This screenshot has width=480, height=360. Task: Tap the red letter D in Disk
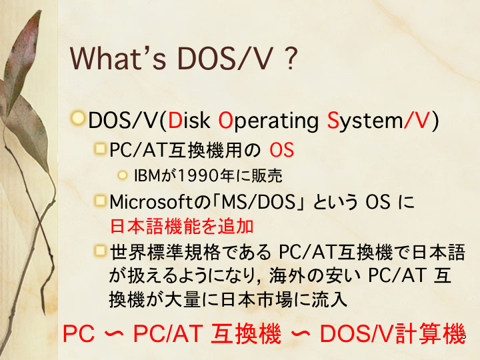coord(175,120)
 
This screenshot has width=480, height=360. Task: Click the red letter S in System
coord(333,120)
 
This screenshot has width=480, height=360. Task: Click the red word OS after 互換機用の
coord(281,150)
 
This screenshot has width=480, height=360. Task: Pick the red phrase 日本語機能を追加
coord(181,227)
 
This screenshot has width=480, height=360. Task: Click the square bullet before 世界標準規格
coord(100,251)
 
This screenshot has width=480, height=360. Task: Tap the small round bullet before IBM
coord(122,175)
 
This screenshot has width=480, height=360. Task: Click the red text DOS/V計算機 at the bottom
coord(393,333)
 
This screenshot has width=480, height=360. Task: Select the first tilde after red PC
coord(114,334)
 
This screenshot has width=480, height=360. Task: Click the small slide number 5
coord(463,335)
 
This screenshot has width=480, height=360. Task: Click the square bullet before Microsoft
coord(100,201)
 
